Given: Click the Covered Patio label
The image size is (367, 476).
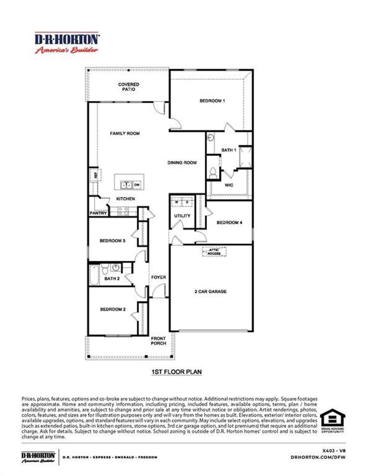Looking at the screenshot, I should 128,87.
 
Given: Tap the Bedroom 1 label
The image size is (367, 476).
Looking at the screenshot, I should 212,101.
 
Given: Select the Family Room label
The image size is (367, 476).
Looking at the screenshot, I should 125,133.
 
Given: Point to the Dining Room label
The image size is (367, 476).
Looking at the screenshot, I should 182,162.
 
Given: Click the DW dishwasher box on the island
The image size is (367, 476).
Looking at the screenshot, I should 137,185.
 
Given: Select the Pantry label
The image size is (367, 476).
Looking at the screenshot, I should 98,213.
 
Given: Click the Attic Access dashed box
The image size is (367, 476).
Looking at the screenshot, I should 214,252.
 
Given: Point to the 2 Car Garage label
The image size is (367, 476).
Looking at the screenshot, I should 210,291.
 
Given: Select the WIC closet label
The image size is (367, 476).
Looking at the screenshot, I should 229,185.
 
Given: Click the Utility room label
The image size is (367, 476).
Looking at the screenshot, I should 182,216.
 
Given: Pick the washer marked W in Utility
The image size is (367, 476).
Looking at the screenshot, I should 177,202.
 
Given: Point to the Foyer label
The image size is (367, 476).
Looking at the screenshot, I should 159,277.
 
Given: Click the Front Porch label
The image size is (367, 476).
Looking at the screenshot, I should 159,341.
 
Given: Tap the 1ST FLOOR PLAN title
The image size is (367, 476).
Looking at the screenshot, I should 176,372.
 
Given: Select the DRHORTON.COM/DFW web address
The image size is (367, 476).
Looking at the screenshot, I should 318,457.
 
